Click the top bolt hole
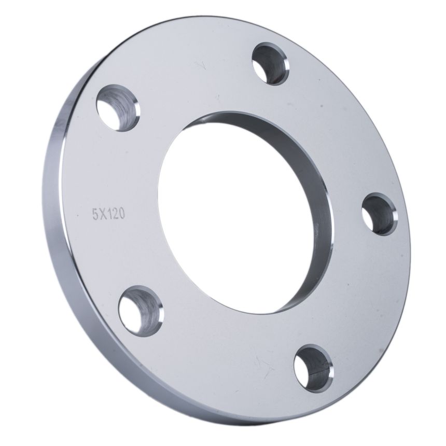point(271,64)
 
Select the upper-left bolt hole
point(118,108)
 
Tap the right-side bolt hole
point(380,214)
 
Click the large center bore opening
point(236,216)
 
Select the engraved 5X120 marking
point(108,214)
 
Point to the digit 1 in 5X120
point(109,214)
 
